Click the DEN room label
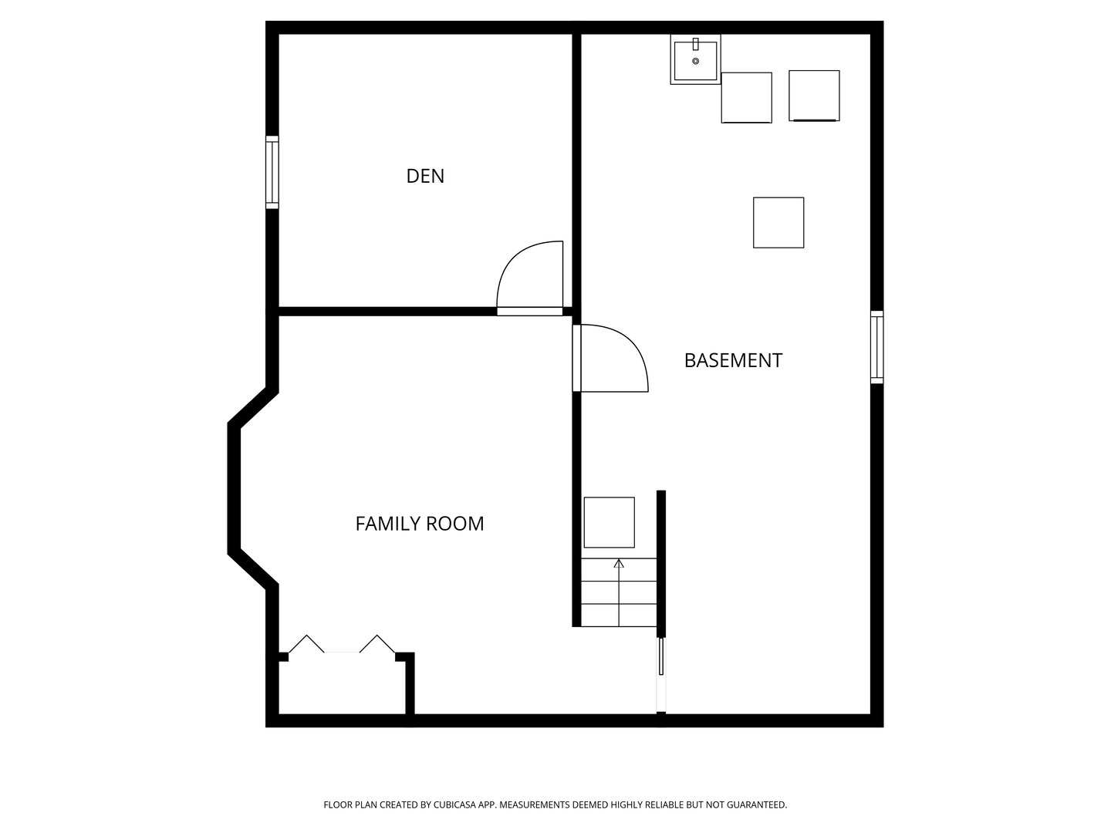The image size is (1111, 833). point(424,176)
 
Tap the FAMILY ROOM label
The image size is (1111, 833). point(420,524)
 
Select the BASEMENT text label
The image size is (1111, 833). point(733,361)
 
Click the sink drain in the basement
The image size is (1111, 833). point(695,61)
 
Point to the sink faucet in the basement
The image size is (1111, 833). point(695,44)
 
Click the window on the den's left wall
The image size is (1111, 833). point(272,172)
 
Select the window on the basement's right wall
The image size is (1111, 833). point(876,347)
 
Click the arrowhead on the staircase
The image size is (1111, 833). point(619,563)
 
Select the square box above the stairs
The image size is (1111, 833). point(609,522)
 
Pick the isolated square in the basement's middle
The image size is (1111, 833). point(778,223)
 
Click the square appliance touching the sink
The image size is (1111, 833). point(747,98)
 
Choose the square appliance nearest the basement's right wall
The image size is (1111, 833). point(814,96)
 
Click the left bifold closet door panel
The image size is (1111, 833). point(306,644)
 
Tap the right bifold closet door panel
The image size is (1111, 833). point(377,644)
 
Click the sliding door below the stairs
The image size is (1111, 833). point(661,656)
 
